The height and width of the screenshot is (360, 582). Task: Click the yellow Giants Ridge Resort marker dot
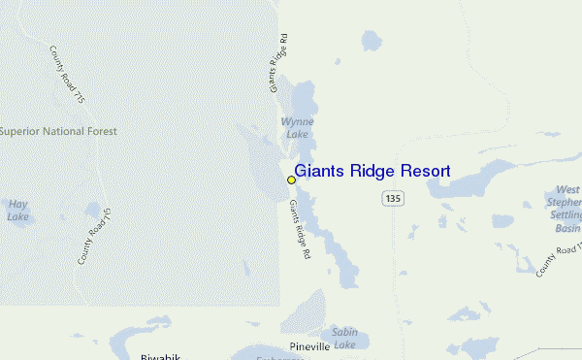click(291, 180)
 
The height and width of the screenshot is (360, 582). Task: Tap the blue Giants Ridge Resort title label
click(372, 172)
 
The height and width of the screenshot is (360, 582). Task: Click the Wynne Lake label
click(296, 128)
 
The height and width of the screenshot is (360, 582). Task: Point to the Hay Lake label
click(18, 211)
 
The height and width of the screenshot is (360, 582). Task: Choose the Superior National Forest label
click(58, 131)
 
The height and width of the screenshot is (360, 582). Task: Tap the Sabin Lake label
click(344, 338)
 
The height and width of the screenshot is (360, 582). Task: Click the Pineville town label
click(310, 346)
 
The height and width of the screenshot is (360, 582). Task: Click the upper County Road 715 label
click(66, 72)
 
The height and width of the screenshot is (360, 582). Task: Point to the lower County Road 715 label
click(94, 237)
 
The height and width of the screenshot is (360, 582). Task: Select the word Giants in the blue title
click(318, 172)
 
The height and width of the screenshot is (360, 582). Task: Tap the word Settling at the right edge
click(566, 216)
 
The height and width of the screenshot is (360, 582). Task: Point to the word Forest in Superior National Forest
click(100, 131)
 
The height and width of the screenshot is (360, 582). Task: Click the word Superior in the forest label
click(18, 131)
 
